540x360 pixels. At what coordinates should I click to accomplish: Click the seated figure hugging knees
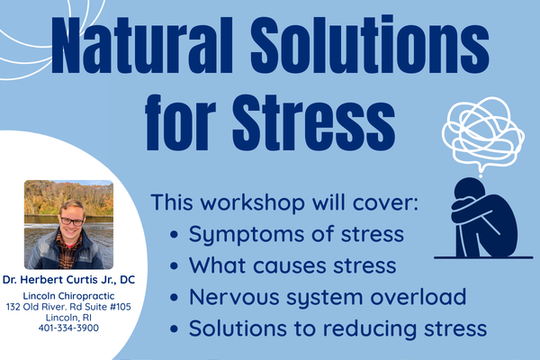pos(485,216)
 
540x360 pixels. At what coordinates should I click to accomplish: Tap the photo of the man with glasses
pos(68,224)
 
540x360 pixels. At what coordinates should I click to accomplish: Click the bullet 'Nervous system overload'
pos(328,297)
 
